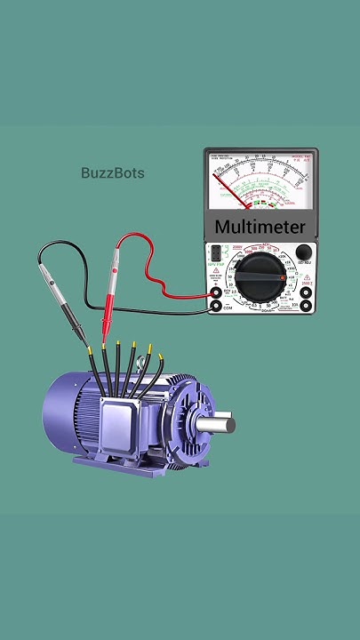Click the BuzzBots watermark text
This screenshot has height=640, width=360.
112,172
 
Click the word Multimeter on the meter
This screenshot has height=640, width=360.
260,228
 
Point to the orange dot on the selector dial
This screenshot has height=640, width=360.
283,278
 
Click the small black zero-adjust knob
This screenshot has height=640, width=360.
304,252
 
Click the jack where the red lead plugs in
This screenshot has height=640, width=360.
216,290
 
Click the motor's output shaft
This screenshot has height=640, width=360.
217,425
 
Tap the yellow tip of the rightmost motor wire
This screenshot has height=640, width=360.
162,356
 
